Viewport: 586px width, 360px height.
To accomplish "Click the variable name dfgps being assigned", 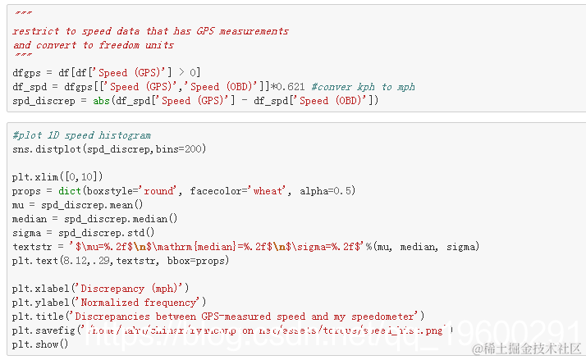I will [x=28, y=73].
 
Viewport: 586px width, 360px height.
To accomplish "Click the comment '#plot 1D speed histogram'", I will [x=82, y=135].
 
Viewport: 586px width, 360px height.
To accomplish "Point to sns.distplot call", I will [x=46, y=149].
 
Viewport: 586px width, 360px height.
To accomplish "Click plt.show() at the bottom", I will [x=40, y=344].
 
